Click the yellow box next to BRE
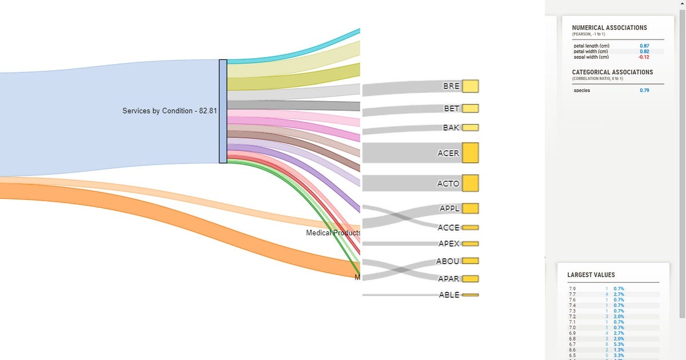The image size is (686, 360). coord(470,86)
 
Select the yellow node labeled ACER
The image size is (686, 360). coord(470,153)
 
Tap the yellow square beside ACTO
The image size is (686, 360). coord(470,183)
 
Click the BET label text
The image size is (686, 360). coord(452,109)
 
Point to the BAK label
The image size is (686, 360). coord(451,127)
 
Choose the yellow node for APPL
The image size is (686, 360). coord(470,209)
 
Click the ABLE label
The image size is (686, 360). coord(449,295)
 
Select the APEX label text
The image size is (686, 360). coord(449,243)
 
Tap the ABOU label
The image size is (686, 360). coord(448,261)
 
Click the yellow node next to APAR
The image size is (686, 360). coord(470,279)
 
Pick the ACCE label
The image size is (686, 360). coord(448,227)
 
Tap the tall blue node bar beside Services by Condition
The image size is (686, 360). coord(223,111)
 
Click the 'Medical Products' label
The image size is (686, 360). coord(333,233)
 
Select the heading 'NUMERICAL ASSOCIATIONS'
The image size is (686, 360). coord(609,28)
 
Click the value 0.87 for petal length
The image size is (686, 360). coord(644,46)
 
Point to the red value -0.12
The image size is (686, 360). coord(644,57)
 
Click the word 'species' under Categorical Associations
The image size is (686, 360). coord(582,90)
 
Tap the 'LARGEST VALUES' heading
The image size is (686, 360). coord(591,275)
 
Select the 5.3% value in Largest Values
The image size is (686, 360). coord(619,344)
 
